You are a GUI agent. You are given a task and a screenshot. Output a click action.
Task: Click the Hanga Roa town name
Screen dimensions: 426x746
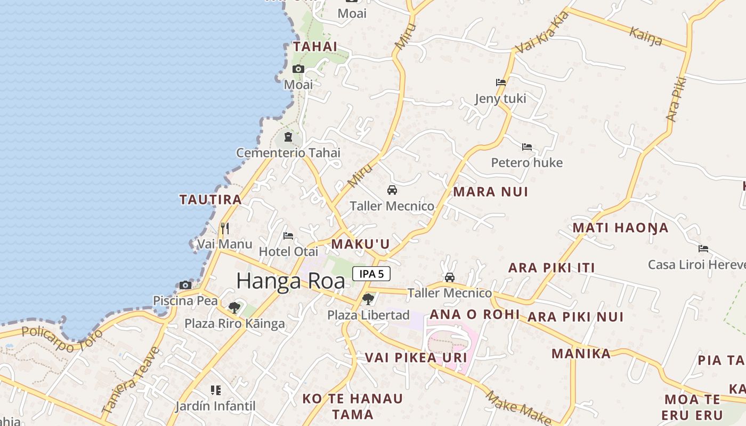[x=290, y=281]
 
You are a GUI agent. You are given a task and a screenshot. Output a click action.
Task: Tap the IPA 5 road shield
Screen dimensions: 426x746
[x=371, y=274]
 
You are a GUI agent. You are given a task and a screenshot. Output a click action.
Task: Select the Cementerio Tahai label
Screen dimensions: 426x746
[x=288, y=153]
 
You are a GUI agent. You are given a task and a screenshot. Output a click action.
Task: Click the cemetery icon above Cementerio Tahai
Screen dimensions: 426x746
[x=288, y=137]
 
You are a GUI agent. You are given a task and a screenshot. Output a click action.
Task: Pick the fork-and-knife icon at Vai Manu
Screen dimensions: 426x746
[x=225, y=228]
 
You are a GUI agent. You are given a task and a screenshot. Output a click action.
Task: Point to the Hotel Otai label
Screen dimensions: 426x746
[x=288, y=251]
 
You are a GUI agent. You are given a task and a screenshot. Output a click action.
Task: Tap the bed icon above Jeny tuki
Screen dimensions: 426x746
[x=501, y=83]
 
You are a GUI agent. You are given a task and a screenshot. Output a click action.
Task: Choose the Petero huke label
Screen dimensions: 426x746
[x=526, y=162]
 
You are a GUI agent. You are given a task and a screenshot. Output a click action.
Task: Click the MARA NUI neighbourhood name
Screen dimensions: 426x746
[x=490, y=192]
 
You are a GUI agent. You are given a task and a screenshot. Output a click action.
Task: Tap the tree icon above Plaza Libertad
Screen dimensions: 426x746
[x=368, y=299]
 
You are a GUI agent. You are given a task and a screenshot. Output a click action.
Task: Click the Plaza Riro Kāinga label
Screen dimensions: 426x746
[x=234, y=323]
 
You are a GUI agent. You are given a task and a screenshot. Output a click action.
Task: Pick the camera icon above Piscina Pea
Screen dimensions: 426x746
[x=185, y=285]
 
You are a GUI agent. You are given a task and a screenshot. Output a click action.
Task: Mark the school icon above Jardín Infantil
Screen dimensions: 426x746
[x=216, y=390]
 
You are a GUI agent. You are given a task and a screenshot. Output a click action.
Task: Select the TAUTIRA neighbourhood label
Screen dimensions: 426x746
[x=210, y=200]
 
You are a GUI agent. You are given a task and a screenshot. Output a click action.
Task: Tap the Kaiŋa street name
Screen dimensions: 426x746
[x=646, y=37]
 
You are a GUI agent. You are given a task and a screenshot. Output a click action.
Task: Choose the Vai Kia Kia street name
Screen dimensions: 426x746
[x=542, y=33]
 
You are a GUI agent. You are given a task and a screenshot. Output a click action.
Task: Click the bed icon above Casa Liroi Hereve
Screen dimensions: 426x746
[x=703, y=248]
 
